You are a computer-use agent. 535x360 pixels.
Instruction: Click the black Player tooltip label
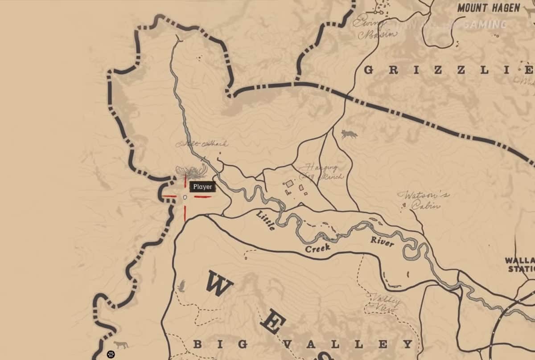pyautogui.click(x=203, y=187)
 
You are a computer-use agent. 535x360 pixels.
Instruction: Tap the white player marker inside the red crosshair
pyautogui.click(x=185, y=197)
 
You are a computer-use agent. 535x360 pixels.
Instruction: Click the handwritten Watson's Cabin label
pyautogui.click(x=424, y=200)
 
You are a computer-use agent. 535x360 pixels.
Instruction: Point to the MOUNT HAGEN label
pyautogui.click(x=489, y=8)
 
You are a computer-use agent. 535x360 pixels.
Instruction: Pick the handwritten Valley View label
pyautogui.click(x=383, y=303)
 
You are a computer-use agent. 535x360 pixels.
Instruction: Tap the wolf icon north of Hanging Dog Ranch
pyautogui.click(x=349, y=134)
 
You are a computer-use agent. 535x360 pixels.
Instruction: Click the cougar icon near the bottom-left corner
pyautogui.click(x=120, y=344)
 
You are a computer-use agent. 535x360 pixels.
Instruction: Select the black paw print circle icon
pyautogui.click(x=111, y=355)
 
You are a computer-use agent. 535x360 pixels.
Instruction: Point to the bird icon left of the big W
pyautogui.click(x=181, y=286)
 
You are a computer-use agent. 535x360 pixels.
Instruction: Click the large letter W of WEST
pyautogui.click(x=219, y=284)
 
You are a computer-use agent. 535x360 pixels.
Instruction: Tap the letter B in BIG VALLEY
pyautogui.click(x=198, y=344)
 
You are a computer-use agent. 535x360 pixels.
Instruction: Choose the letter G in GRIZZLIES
pyautogui.click(x=369, y=70)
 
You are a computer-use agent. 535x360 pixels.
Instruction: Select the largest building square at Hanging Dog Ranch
pyautogui.click(x=289, y=184)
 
